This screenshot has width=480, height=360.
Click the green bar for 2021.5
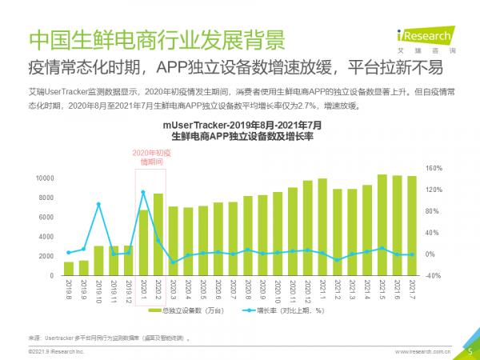coord(382,226)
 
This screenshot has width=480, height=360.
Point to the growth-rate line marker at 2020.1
coord(143,192)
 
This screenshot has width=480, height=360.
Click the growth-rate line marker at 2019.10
coord(98,205)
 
